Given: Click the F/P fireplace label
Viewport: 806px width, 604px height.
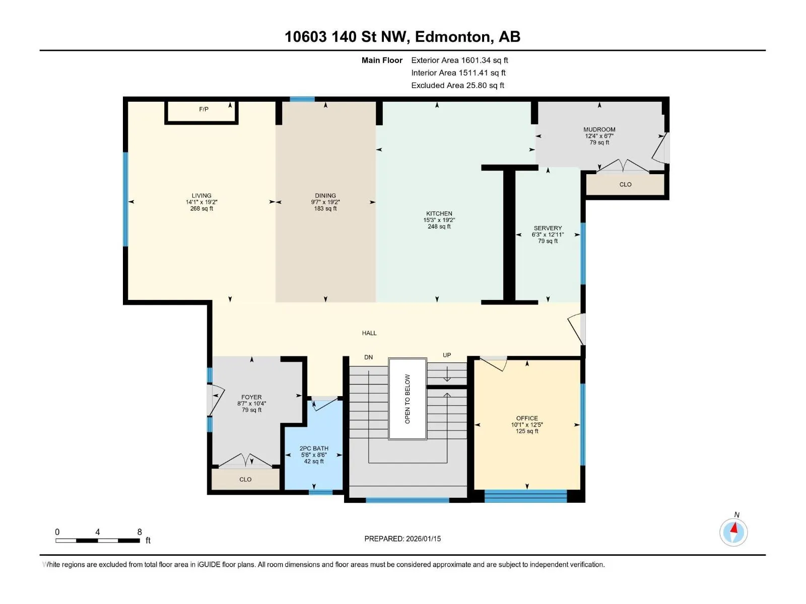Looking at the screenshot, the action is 204,109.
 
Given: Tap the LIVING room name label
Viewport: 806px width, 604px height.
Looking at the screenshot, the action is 201,195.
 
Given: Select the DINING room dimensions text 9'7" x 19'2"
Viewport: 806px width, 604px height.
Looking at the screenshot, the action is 325,202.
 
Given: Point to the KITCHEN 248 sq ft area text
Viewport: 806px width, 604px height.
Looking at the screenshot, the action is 439,226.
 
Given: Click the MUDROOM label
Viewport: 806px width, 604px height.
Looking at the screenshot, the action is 599,129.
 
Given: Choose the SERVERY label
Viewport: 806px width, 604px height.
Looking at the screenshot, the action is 548,228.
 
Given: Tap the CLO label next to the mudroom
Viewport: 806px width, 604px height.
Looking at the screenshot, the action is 625,184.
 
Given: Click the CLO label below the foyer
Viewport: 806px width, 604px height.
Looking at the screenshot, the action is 245,479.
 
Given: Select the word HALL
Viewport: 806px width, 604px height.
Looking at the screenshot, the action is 369,333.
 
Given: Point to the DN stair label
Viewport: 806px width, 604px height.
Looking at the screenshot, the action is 368,357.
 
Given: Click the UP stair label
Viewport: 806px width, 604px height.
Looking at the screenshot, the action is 447,355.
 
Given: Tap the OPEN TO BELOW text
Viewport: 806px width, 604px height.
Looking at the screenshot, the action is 407,399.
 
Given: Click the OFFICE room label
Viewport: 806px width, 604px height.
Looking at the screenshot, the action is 527,418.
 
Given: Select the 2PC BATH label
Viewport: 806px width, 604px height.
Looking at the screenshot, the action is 314,448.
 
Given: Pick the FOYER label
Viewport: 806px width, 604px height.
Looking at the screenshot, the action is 251,397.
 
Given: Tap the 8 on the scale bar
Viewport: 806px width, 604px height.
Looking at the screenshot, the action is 140,532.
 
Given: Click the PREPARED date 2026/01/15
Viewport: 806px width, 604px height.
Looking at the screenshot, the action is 423,539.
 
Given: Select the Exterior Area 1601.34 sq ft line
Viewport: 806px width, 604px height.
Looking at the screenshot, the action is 459,60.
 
